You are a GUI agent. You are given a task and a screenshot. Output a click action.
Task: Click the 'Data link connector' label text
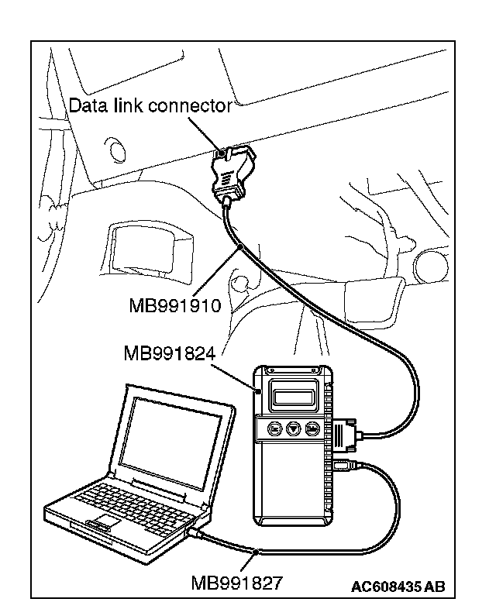coord(150,105)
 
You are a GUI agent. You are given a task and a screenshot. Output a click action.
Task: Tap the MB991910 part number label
coord(175,304)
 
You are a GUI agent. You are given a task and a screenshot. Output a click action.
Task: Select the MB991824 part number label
coord(169,353)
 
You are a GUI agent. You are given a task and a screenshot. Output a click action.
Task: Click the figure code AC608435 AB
coord(398,587)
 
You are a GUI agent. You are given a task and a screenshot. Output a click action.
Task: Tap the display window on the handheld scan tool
coord(294,397)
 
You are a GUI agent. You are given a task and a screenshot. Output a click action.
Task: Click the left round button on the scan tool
coord(274,428)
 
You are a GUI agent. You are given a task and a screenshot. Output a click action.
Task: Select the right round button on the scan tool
coord(312,428)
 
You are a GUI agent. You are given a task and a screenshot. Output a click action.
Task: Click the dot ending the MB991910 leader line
coord(242,247)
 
